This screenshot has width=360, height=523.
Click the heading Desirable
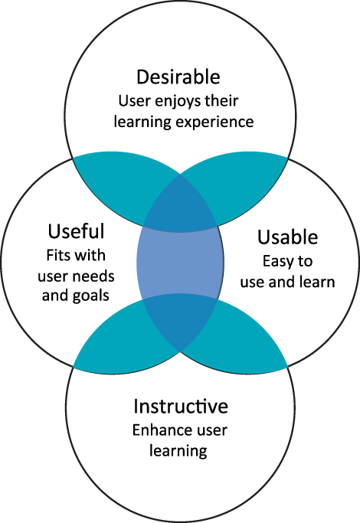[x=178, y=77]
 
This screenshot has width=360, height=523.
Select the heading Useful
[x=76, y=230]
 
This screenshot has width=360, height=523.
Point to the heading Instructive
[x=181, y=406]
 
